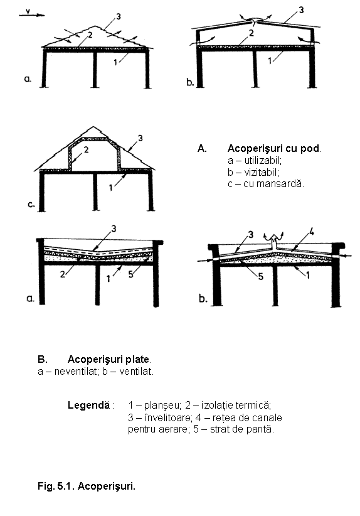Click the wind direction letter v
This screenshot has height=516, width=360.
click(x=28, y=11)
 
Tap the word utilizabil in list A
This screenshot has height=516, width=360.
click(x=263, y=161)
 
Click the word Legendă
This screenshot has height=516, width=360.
click(x=89, y=405)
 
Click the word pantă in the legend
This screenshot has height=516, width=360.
click(x=263, y=429)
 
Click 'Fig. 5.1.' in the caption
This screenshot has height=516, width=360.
click(x=56, y=486)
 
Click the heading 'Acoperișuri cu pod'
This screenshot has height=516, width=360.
click(x=273, y=149)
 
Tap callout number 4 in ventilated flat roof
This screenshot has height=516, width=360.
click(x=311, y=233)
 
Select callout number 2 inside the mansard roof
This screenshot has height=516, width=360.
click(x=86, y=150)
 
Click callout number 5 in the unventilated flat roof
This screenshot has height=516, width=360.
click(x=131, y=274)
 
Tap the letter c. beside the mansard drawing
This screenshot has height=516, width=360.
click(x=31, y=205)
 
